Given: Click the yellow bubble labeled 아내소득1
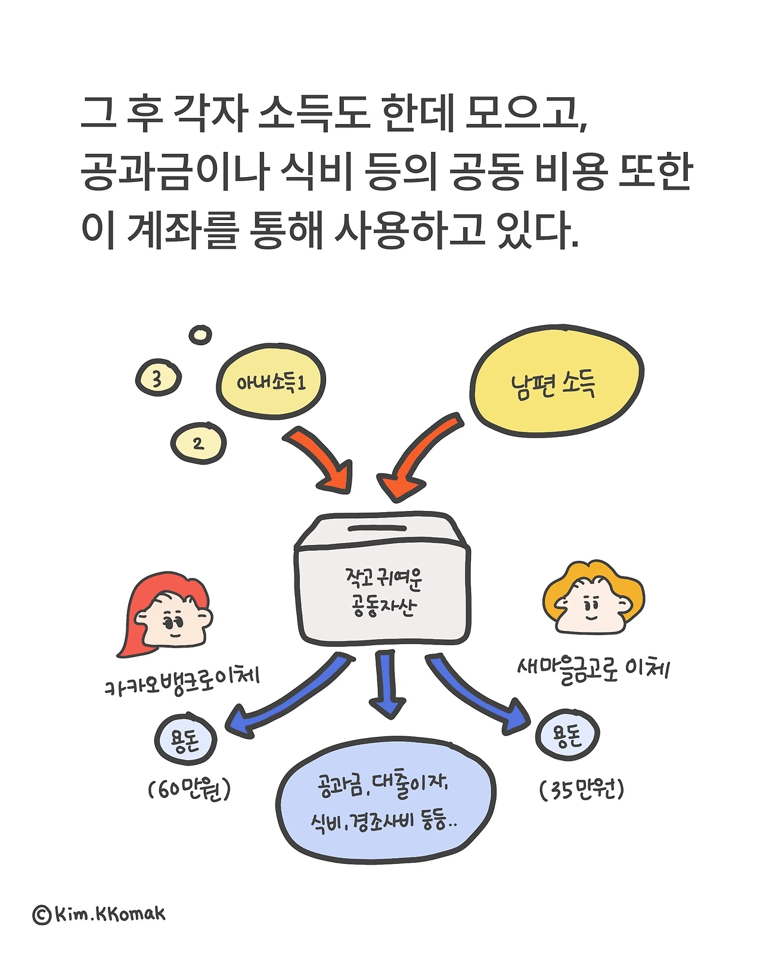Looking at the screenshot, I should pyautogui.click(x=271, y=382).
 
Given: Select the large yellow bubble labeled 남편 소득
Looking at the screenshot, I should pyautogui.click(x=556, y=382).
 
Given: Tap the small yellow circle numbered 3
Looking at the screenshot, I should pyautogui.click(x=157, y=378).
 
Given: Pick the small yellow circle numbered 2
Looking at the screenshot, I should pyautogui.click(x=198, y=444).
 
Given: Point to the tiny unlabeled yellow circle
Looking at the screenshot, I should pyautogui.click(x=200, y=334).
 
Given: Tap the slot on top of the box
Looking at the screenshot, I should pyautogui.click(x=377, y=528).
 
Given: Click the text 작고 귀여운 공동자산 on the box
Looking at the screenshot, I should pyautogui.click(x=383, y=591).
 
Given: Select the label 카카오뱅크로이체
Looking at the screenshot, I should pyautogui.click(x=182, y=682).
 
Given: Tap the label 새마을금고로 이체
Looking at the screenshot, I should pyautogui.click(x=594, y=669).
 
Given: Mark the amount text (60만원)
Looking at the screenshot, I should pyautogui.click(x=189, y=790).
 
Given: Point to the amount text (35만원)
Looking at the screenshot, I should pyautogui.click(x=582, y=790).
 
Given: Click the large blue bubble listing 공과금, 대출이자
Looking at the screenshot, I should pyautogui.click(x=385, y=803).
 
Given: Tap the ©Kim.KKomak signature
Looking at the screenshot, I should pyautogui.click(x=99, y=914).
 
